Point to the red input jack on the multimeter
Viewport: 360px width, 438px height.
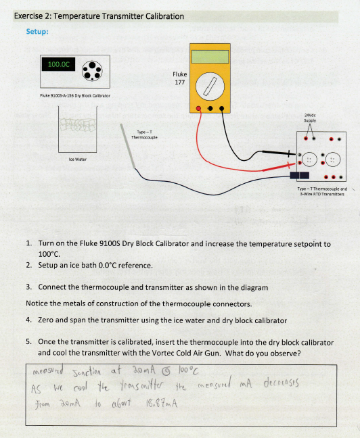[198, 108]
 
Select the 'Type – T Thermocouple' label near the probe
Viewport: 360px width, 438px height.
[147, 134]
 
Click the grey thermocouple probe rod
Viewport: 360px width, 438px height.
[133, 149]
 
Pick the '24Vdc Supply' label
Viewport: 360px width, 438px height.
[312, 118]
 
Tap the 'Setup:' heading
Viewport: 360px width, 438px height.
[37, 31]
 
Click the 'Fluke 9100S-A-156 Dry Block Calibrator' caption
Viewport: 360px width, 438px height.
[75, 96]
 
